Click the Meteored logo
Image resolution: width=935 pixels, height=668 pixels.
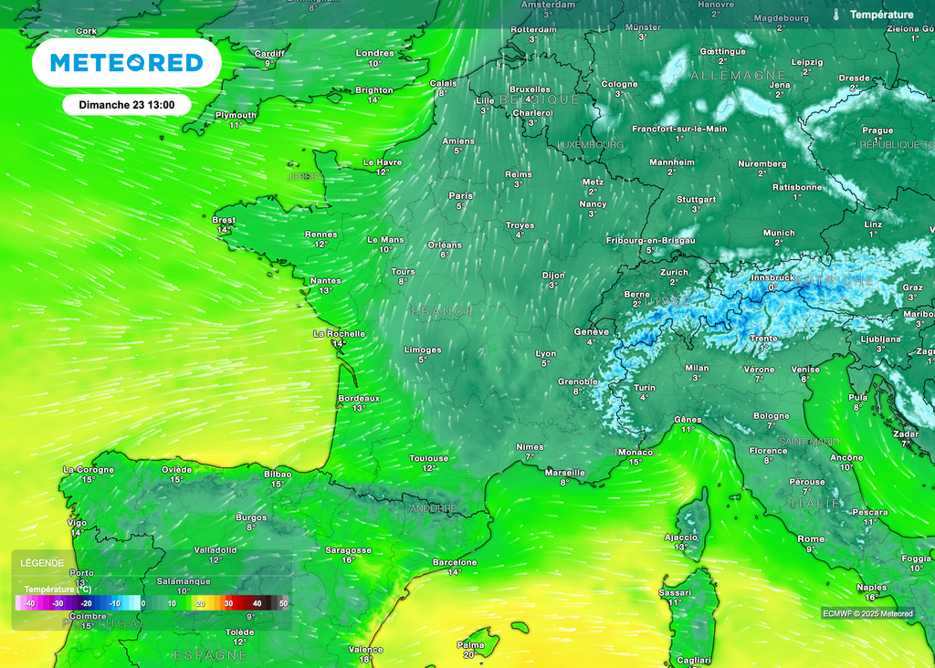pyautogui.click(x=126, y=62)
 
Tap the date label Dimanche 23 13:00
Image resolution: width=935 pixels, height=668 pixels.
pyautogui.click(x=126, y=104)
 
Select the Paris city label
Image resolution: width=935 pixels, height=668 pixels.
pyautogui.click(x=461, y=195)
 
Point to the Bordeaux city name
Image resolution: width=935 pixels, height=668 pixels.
pyautogui.click(x=359, y=398)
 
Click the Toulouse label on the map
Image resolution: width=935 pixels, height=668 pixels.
pyautogui.click(x=428, y=458)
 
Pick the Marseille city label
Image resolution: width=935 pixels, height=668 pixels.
pyautogui.click(x=564, y=472)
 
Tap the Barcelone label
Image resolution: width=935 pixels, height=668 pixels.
pyautogui.click(x=455, y=562)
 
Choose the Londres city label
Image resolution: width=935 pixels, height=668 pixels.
pyautogui.click(x=374, y=53)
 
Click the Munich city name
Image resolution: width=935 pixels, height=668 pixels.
pyautogui.click(x=779, y=233)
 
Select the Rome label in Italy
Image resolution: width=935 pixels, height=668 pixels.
pyautogui.click(x=810, y=538)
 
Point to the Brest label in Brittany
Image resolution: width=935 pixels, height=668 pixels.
pyautogui.click(x=224, y=220)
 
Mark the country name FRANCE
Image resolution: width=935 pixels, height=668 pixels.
pyautogui.click(x=443, y=312)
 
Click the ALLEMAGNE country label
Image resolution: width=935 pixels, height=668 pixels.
pyautogui.click(x=739, y=75)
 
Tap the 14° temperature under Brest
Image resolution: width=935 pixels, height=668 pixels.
pyautogui.click(x=224, y=230)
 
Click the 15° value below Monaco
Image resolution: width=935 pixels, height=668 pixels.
pyautogui.click(x=636, y=463)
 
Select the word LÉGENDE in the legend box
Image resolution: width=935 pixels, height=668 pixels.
pyautogui.click(x=42, y=563)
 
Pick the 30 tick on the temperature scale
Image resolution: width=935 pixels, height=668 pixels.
pyautogui.click(x=228, y=603)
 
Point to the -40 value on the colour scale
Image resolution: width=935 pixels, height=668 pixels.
pyautogui.click(x=29, y=603)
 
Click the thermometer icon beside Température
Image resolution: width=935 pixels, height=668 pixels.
pyautogui.click(x=836, y=15)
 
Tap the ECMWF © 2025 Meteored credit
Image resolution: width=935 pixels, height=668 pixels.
pyautogui.click(x=867, y=613)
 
